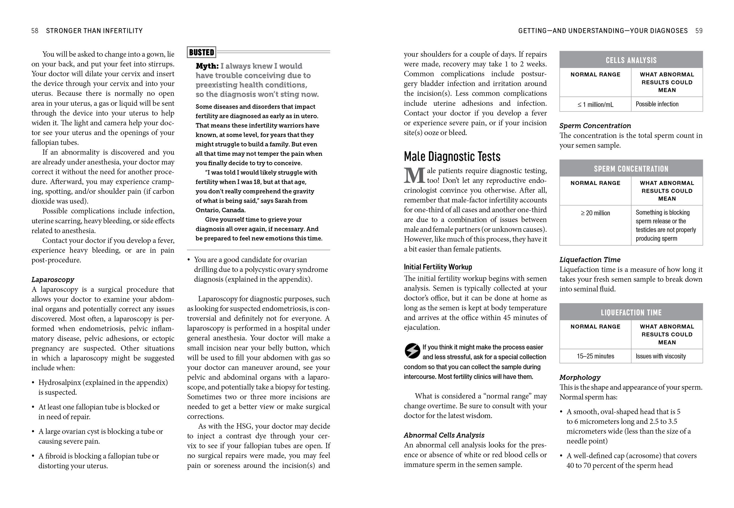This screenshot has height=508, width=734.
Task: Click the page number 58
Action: click(35, 31)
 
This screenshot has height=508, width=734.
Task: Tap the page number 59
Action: click(699, 31)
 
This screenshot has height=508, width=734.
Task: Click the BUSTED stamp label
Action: click(201, 52)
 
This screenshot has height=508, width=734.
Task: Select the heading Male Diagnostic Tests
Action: click(452, 157)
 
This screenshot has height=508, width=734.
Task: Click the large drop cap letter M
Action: click(414, 176)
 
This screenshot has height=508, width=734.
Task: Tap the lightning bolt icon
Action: click(412, 351)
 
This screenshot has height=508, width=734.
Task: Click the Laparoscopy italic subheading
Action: click(53, 280)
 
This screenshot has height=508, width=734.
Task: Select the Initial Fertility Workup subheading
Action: click(438, 267)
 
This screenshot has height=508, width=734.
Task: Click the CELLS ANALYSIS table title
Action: click(631, 60)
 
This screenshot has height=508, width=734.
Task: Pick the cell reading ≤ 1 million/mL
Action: click(595, 104)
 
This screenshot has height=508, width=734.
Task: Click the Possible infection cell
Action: click(657, 104)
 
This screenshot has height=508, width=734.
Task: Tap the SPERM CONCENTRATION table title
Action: click(631, 169)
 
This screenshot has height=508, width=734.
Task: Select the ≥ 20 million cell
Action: click(595, 213)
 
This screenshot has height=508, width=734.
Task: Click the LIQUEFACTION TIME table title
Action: click(631, 313)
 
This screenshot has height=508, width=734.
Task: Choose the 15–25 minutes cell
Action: click(595, 356)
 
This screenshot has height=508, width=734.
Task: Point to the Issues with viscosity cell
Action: click(661, 356)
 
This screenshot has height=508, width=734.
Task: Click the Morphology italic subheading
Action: click(580, 378)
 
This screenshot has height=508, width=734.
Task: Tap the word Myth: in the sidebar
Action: click(207, 66)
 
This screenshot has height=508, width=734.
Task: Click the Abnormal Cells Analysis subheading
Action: click(444, 435)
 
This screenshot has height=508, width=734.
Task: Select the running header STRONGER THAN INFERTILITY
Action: click(94, 31)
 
